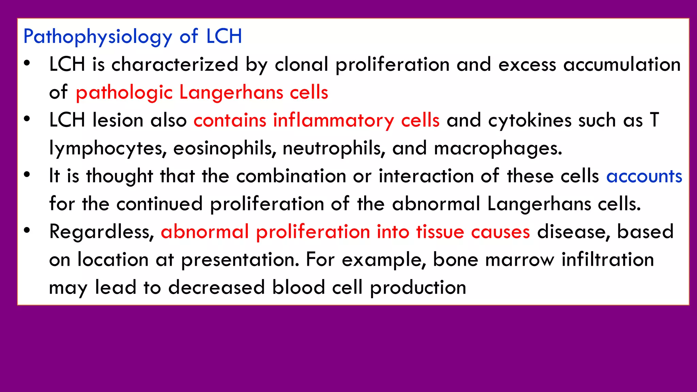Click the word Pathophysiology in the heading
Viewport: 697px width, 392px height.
pos(98,37)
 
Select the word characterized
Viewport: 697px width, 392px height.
pos(175,64)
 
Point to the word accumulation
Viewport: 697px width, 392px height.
pos(622,64)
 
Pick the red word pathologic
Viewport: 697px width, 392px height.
pos(124,93)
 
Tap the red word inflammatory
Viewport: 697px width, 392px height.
pos(333,121)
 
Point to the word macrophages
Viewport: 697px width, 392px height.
pos(498,149)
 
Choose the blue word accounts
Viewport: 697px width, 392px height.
pos(644,176)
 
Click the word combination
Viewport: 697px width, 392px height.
pos(291,176)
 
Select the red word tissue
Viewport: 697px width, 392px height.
pos(440,232)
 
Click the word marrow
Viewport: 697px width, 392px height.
pos(520,260)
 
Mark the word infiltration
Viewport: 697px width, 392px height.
pos(608,260)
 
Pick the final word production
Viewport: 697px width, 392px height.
pos(418,288)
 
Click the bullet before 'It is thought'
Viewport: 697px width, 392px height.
pos(27,175)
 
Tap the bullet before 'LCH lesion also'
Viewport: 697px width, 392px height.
pos(27,119)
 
